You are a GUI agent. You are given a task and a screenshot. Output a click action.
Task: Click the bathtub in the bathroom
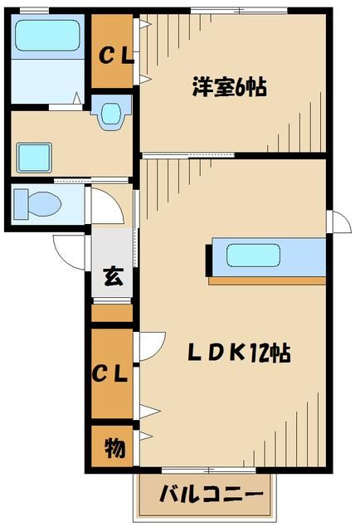point(46,36)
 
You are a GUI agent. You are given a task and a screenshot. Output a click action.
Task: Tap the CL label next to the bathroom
point(113,56)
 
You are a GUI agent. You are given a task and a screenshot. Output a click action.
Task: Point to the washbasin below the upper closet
point(109,116)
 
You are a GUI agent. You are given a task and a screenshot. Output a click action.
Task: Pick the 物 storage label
point(114,448)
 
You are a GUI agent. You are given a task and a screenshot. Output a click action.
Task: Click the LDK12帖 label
point(238,353)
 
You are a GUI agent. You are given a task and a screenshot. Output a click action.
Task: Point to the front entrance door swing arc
point(68,246)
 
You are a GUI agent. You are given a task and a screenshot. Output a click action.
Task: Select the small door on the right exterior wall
point(339,222)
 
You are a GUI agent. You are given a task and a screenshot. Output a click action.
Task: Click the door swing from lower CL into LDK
point(150,347)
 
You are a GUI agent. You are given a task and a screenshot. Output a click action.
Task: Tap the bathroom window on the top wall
point(34,10)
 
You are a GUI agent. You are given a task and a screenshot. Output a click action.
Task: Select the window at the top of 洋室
point(240,10)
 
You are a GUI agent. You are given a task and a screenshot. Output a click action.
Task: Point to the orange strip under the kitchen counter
point(265,280)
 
